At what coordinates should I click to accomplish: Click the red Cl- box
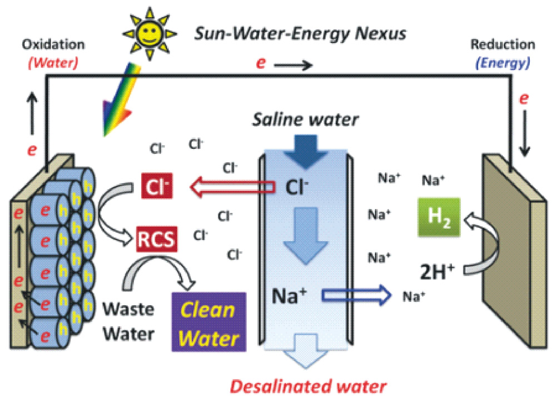156,187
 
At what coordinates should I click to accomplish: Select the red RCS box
157,240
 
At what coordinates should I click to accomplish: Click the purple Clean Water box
209,322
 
